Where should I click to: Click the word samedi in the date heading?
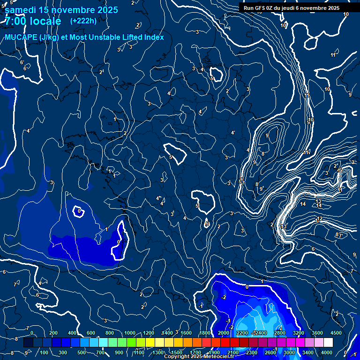coord(20,10)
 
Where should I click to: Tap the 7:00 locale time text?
coord(33,21)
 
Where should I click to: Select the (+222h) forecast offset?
coord(83,21)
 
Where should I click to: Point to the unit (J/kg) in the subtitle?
coord(50,37)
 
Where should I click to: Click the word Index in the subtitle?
coord(154,37)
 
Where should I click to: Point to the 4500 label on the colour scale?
coord(336,333)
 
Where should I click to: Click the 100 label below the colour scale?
coord(45,352)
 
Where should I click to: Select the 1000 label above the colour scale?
coord(129,333)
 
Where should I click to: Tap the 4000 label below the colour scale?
coord(327,352)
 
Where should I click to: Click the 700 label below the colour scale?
coord(101,352)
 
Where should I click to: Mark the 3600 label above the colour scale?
coord(317,333)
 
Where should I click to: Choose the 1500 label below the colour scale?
coord(176,352)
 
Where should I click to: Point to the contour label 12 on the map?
coord(320,219)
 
